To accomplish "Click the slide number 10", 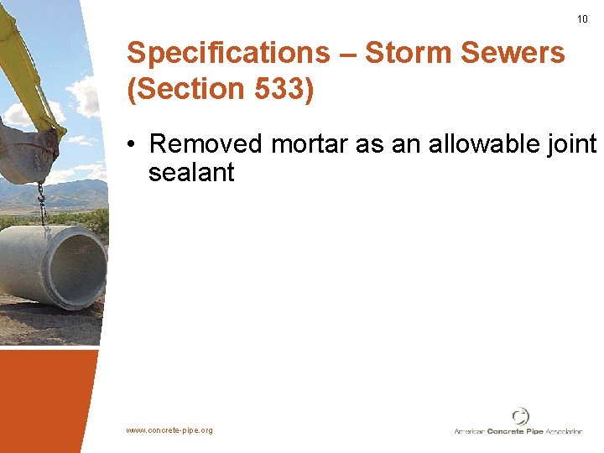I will coord(583,19).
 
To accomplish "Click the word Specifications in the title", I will coord(228,53).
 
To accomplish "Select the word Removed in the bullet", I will coord(206,144).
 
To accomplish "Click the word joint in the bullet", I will coord(572,144).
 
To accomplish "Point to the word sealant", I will coord(191,173).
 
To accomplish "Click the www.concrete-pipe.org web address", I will coord(169,430).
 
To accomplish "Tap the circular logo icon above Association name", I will coord(521,416).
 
